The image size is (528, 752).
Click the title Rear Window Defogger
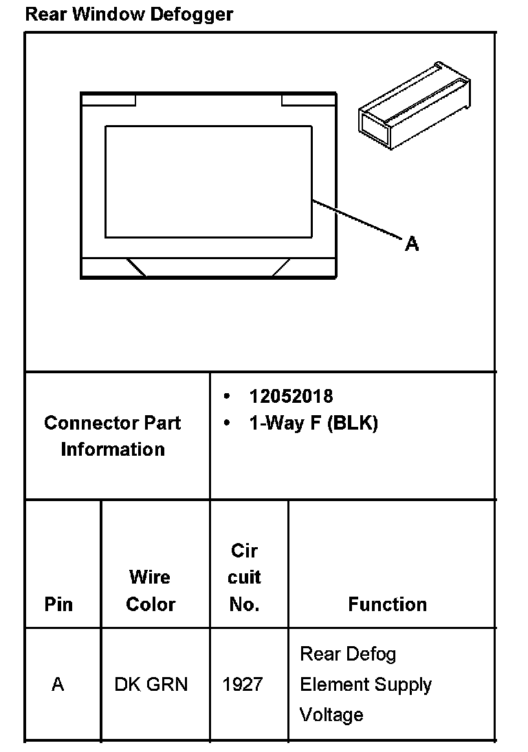click(129, 14)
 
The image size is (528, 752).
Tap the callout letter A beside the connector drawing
click(412, 243)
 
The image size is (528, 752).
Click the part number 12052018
click(291, 396)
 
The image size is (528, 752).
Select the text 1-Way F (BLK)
click(313, 423)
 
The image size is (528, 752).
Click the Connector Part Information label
click(113, 436)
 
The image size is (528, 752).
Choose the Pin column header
click(58, 604)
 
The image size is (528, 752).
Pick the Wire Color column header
click(151, 590)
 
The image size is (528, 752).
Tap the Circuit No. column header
click(244, 577)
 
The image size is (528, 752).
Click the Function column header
click(387, 604)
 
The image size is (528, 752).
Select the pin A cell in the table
click(58, 685)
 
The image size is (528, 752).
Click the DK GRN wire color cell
click(151, 685)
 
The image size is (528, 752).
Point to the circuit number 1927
click(243, 685)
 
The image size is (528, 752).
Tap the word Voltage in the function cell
click(331, 715)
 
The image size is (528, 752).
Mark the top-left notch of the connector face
click(109, 99)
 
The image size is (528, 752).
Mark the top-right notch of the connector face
click(309, 99)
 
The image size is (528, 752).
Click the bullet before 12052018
click(227, 397)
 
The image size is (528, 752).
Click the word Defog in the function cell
click(372, 654)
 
